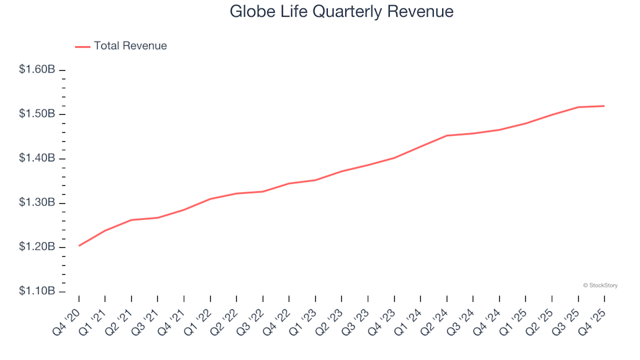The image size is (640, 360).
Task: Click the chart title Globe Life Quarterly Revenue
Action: [x=341, y=11]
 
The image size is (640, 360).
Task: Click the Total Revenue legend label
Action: [x=130, y=46]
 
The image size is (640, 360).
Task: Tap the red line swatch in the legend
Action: [x=83, y=47]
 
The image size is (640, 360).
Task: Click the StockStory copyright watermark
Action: [x=600, y=285]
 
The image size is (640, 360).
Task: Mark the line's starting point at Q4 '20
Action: [x=79, y=245]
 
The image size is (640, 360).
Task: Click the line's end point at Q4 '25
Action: [x=604, y=106]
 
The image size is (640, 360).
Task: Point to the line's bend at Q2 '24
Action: [x=447, y=135]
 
